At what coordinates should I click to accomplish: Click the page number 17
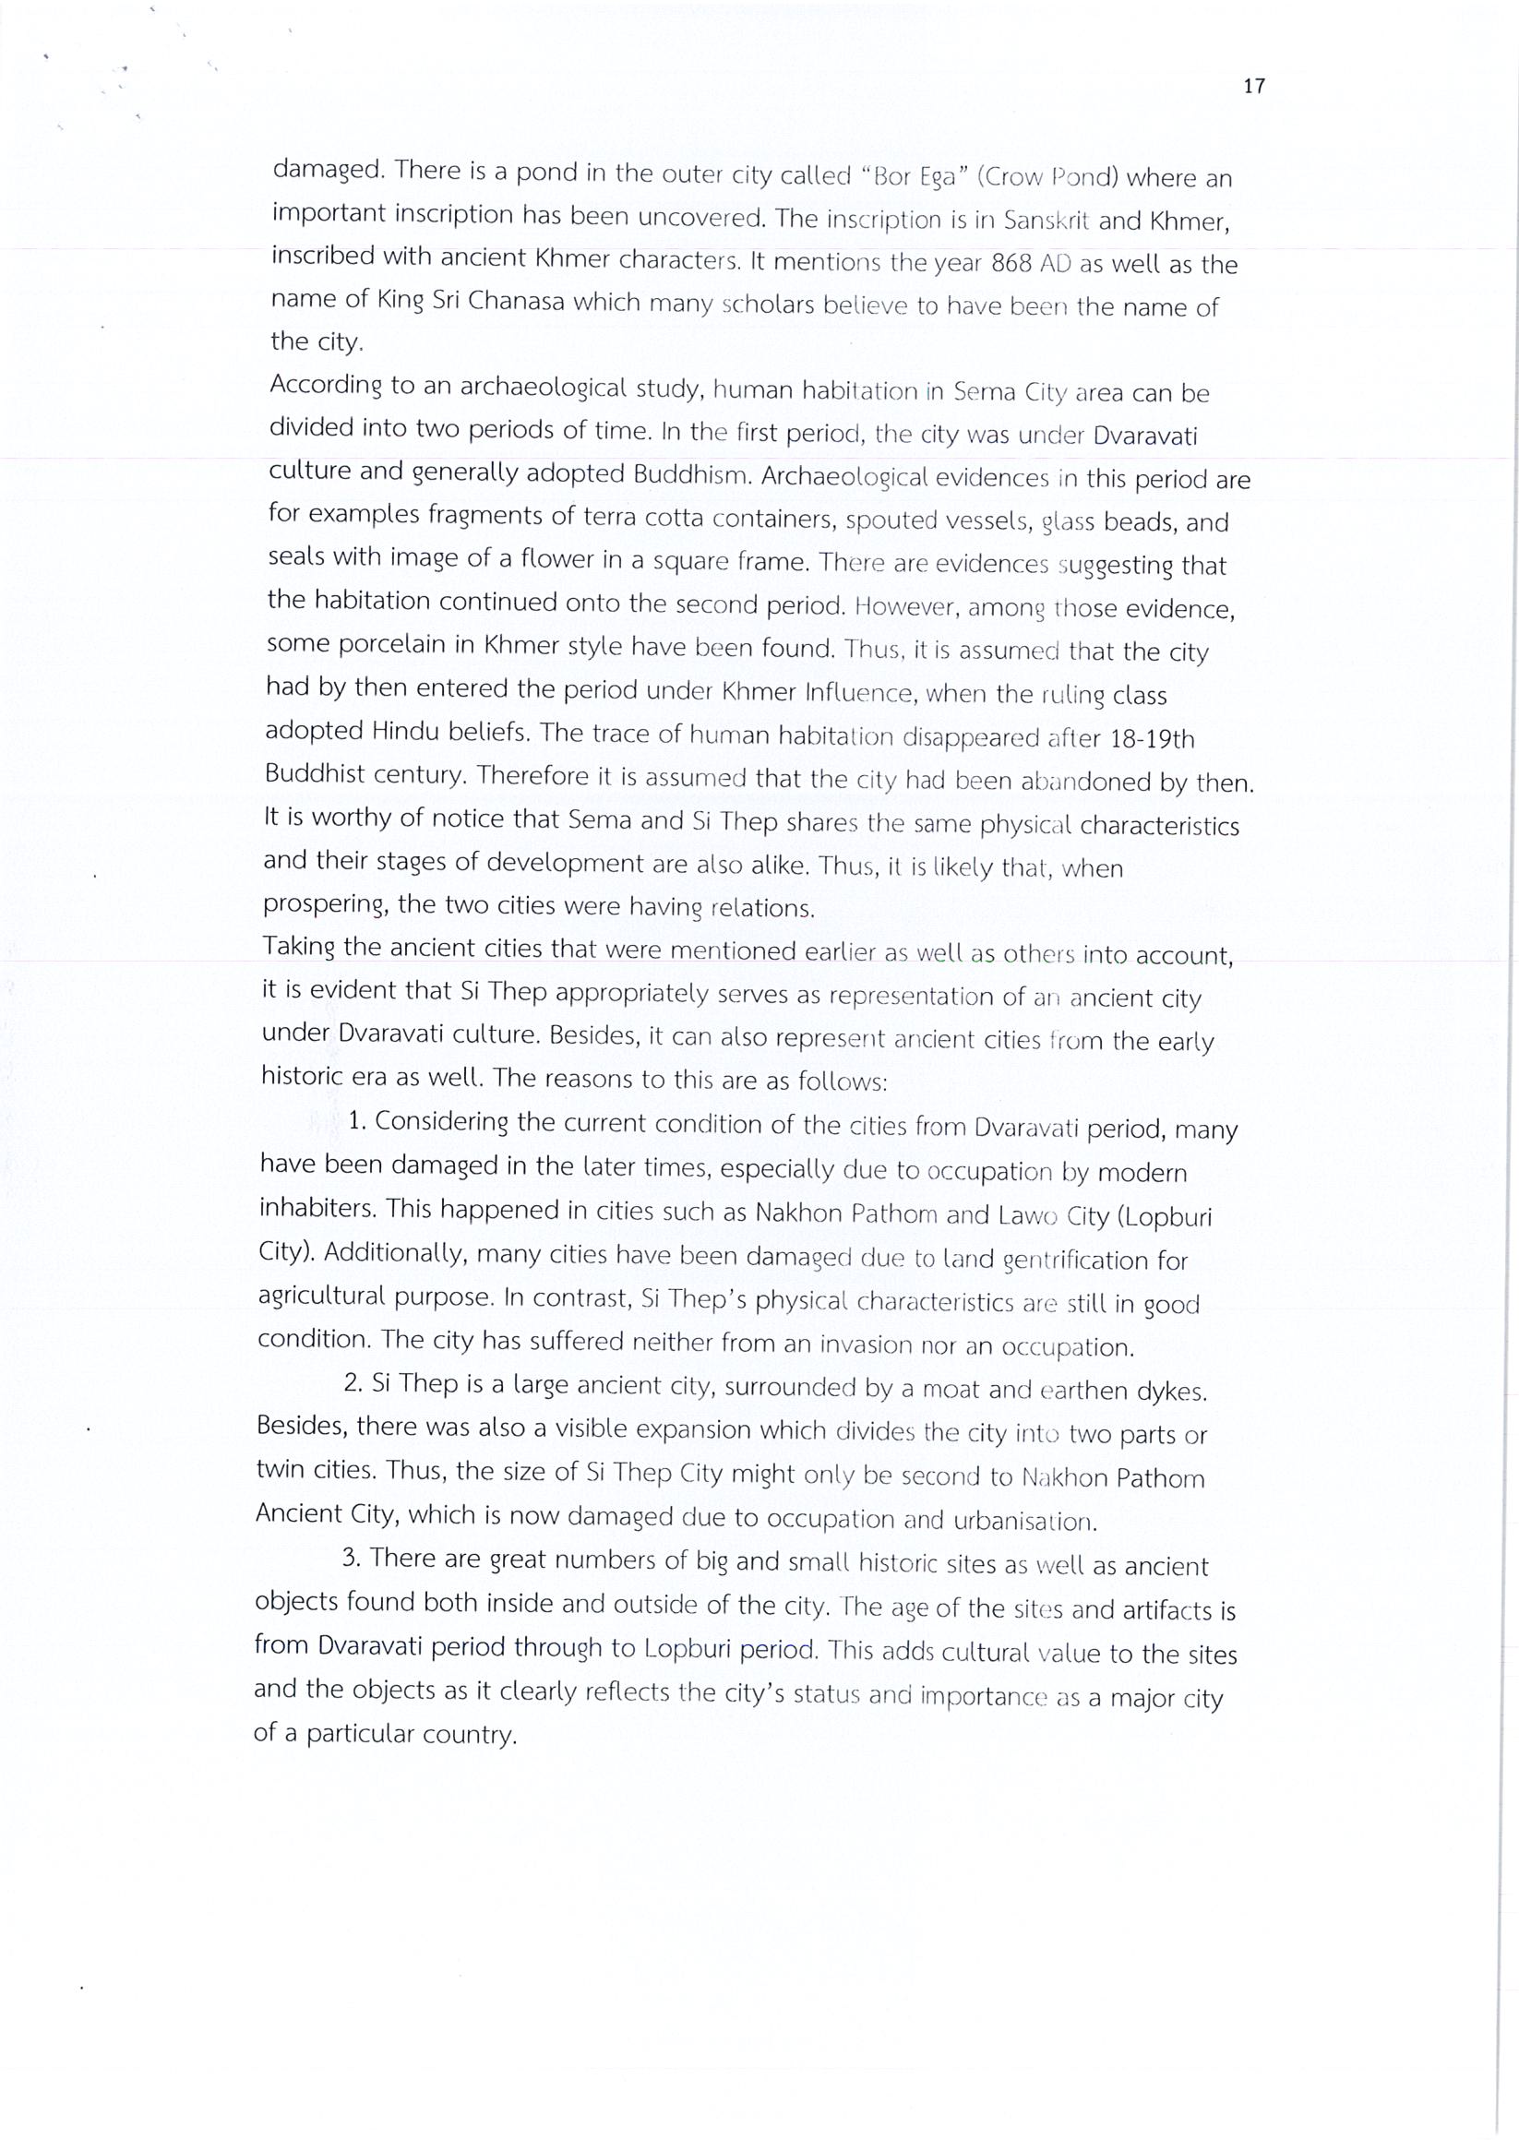click(x=1254, y=87)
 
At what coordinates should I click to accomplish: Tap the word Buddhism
click(x=692, y=474)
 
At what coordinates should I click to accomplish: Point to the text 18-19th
click(x=1152, y=739)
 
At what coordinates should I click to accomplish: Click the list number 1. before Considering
click(x=356, y=1121)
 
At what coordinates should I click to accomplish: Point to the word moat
click(x=951, y=1389)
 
